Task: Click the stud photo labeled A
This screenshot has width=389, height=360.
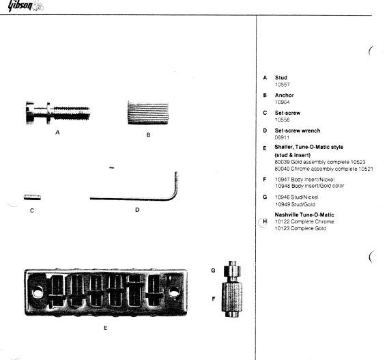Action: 58,113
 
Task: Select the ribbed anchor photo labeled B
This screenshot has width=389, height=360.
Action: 148,113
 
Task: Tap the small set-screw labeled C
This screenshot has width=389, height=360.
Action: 32,197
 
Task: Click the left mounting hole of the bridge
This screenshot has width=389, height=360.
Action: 38,292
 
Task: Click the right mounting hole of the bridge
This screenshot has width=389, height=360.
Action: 173,292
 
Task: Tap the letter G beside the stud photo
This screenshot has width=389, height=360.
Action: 213,271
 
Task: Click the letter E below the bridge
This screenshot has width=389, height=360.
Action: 105,328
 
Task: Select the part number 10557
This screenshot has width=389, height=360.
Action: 283,85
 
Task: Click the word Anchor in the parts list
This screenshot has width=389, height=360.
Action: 285,96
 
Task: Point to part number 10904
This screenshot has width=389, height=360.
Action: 283,102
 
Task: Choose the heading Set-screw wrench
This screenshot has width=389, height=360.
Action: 298,130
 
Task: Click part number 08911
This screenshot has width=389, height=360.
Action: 282,137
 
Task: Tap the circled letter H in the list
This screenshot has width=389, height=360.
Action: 265,222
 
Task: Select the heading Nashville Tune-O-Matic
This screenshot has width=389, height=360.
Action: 304,214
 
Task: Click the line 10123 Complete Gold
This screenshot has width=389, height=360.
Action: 300,228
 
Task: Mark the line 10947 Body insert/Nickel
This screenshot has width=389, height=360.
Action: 304,179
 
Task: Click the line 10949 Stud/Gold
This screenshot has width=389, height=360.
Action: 295,204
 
